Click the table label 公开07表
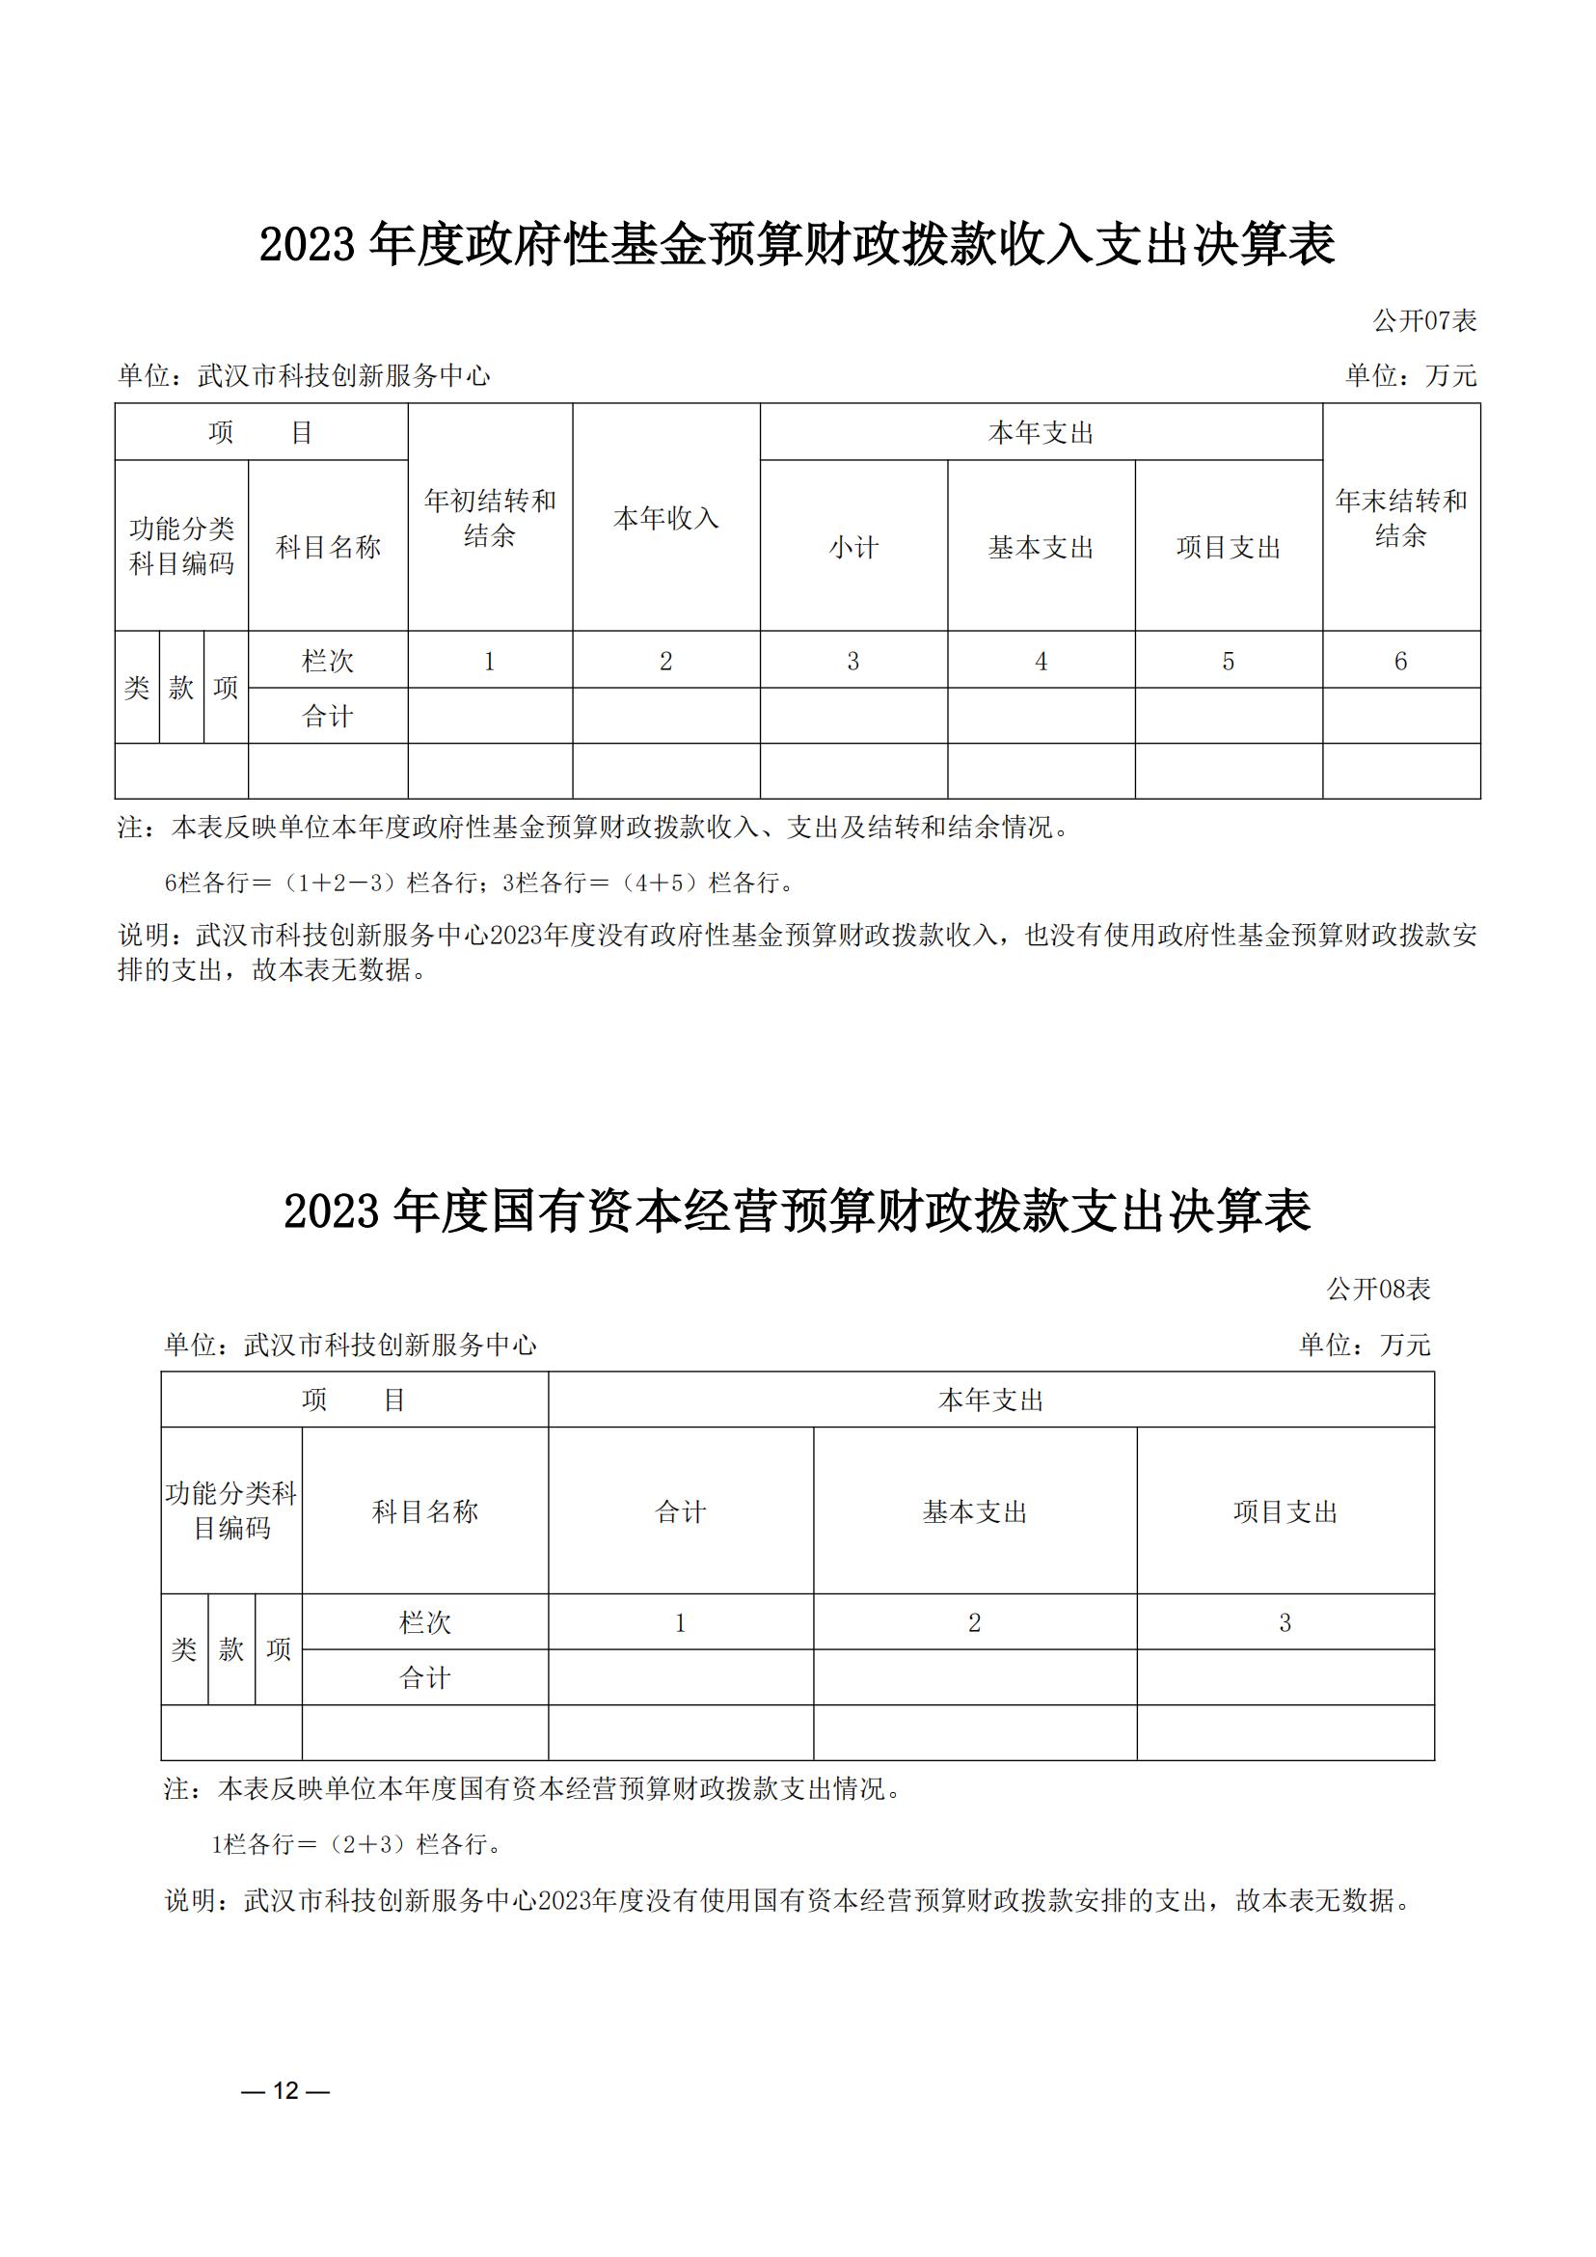click(x=1424, y=320)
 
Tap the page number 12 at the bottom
click(x=285, y=2090)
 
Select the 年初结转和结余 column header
click(x=490, y=518)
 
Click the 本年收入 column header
click(x=665, y=518)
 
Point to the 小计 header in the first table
click(x=853, y=548)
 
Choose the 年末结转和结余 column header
click(x=1400, y=518)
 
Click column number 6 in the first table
click(x=1400, y=661)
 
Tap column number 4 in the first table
click(x=1041, y=661)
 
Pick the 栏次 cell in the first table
click(x=327, y=661)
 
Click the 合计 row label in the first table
click(x=327, y=716)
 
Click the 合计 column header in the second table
click(x=680, y=1511)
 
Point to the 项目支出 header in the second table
click(x=1285, y=1511)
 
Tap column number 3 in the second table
click(x=1285, y=1623)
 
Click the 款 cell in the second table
click(x=230, y=1649)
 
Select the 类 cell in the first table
click(x=137, y=687)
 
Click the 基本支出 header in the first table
click(x=1041, y=548)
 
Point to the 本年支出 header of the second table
click(x=989, y=1400)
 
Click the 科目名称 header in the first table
click(x=327, y=548)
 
